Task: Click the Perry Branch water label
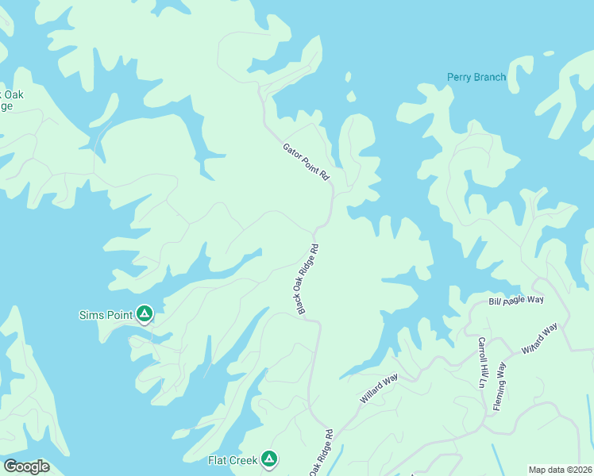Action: pos(476,77)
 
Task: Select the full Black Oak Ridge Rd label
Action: pos(309,278)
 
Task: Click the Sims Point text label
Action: pos(105,315)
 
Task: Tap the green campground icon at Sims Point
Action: pos(144,315)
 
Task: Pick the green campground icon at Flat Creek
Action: pos(269,459)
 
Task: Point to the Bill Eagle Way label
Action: pos(515,301)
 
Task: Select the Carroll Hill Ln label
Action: pos(481,362)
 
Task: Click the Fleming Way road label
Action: pos(499,386)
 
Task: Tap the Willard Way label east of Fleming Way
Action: pos(540,339)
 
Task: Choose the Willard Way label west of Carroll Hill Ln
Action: pos(379,390)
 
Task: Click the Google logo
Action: pos(26,466)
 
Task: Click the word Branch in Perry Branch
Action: pos(488,77)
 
